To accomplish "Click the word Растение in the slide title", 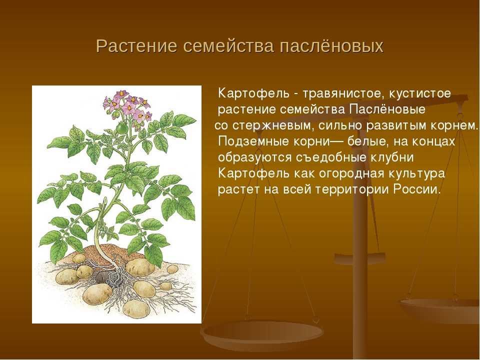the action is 136,46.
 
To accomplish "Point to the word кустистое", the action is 420,93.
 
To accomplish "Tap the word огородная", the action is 351,173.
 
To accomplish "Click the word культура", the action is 417,173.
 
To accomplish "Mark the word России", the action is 416,190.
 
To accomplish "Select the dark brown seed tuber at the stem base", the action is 101,277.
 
